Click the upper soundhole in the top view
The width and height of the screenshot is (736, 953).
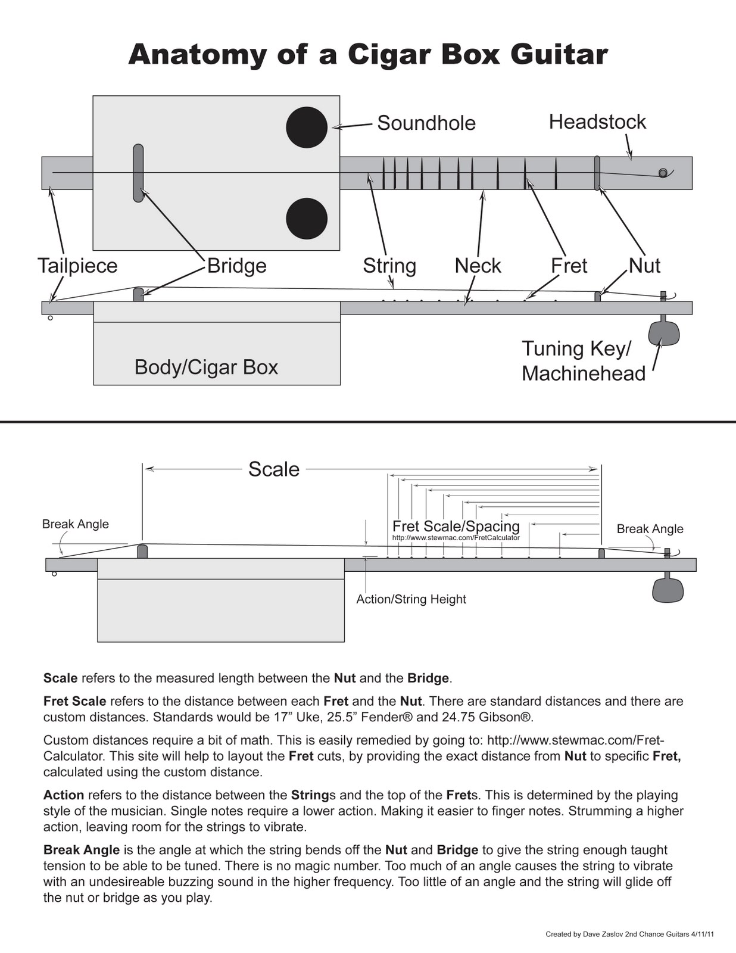click(x=307, y=127)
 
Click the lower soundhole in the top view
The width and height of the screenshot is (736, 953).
click(x=307, y=219)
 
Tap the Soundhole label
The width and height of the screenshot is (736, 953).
click(x=426, y=123)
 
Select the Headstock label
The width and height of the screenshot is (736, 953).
click(x=597, y=122)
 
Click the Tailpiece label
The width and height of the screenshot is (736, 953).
click(x=77, y=266)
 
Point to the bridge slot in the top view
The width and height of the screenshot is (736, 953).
click(x=138, y=173)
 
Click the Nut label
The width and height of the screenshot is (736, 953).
click(x=644, y=266)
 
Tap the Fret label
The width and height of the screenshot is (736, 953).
click(x=569, y=266)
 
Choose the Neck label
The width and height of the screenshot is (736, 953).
click(x=478, y=266)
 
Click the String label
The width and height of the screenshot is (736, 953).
click(x=389, y=266)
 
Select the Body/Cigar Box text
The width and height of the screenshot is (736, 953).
click(x=206, y=367)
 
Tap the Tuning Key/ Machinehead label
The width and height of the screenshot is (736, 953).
click(x=583, y=361)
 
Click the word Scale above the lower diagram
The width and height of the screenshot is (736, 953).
click(x=273, y=469)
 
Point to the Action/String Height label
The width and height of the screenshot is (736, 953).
click(x=411, y=599)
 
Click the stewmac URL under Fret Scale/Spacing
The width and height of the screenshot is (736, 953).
click(x=456, y=538)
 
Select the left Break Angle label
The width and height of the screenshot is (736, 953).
click(x=75, y=524)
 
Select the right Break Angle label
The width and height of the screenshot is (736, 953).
click(x=650, y=529)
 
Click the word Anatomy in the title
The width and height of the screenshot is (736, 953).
click(x=197, y=54)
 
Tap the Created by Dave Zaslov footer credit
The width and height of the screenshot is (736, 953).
click(x=629, y=935)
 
